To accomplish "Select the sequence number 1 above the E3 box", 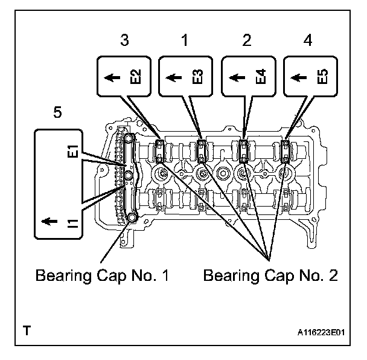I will (186, 41).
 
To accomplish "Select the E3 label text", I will (197, 77).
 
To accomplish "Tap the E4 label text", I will (260, 77).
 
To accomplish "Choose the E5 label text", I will (322, 77).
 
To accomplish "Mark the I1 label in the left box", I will (72, 225).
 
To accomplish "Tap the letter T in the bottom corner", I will (26, 331).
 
